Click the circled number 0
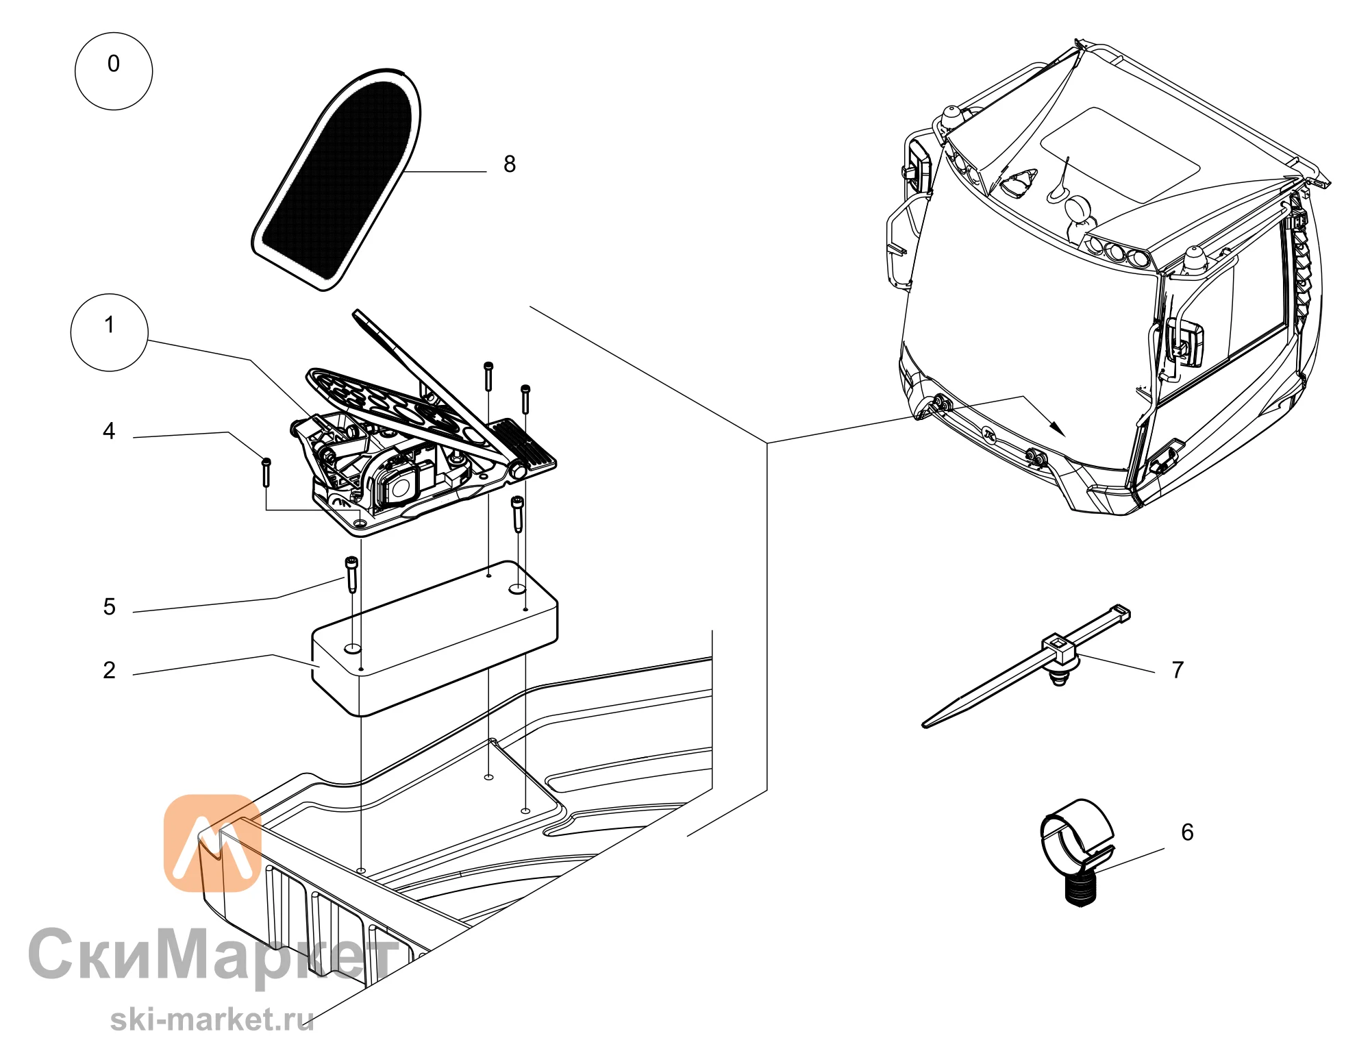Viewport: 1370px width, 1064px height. pos(114,71)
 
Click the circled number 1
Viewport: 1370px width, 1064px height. pos(110,332)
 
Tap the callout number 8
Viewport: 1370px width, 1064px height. pos(510,164)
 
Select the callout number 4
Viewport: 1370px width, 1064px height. pos(109,431)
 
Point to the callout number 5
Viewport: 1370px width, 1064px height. pos(110,607)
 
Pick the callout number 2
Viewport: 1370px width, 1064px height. pos(110,670)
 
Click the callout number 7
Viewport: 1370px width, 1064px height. pos(1178,669)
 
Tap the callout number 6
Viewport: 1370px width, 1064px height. pos(1187,832)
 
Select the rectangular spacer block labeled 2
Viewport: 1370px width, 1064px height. pos(435,639)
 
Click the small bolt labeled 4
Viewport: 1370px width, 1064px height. pos(266,472)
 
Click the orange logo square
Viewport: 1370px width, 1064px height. pos(212,843)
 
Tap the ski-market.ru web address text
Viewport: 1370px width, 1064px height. pos(212,1019)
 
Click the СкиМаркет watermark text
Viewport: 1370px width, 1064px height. pos(214,954)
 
